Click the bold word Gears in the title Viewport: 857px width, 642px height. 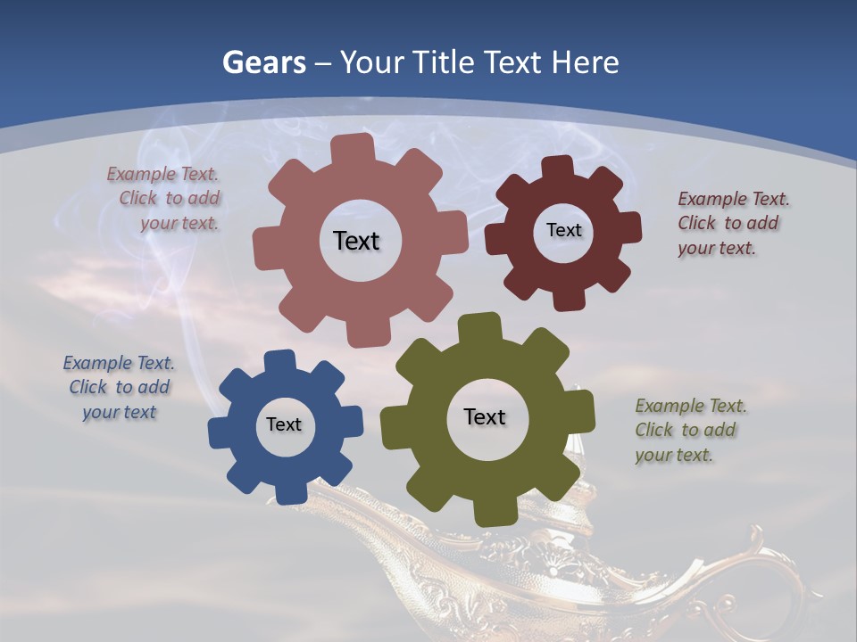[x=263, y=62]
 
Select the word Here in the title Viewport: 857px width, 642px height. [x=585, y=62]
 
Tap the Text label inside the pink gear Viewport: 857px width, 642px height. [x=356, y=241]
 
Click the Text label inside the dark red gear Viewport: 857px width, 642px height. [x=563, y=230]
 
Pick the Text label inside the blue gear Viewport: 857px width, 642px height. [x=284, y=424]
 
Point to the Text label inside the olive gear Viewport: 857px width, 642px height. [x=485, y=416]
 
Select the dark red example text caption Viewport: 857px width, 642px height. [x=732, y=223]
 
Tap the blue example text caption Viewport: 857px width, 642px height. [x=118, y=387]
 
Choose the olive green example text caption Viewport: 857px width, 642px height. [x=689, y=430]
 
